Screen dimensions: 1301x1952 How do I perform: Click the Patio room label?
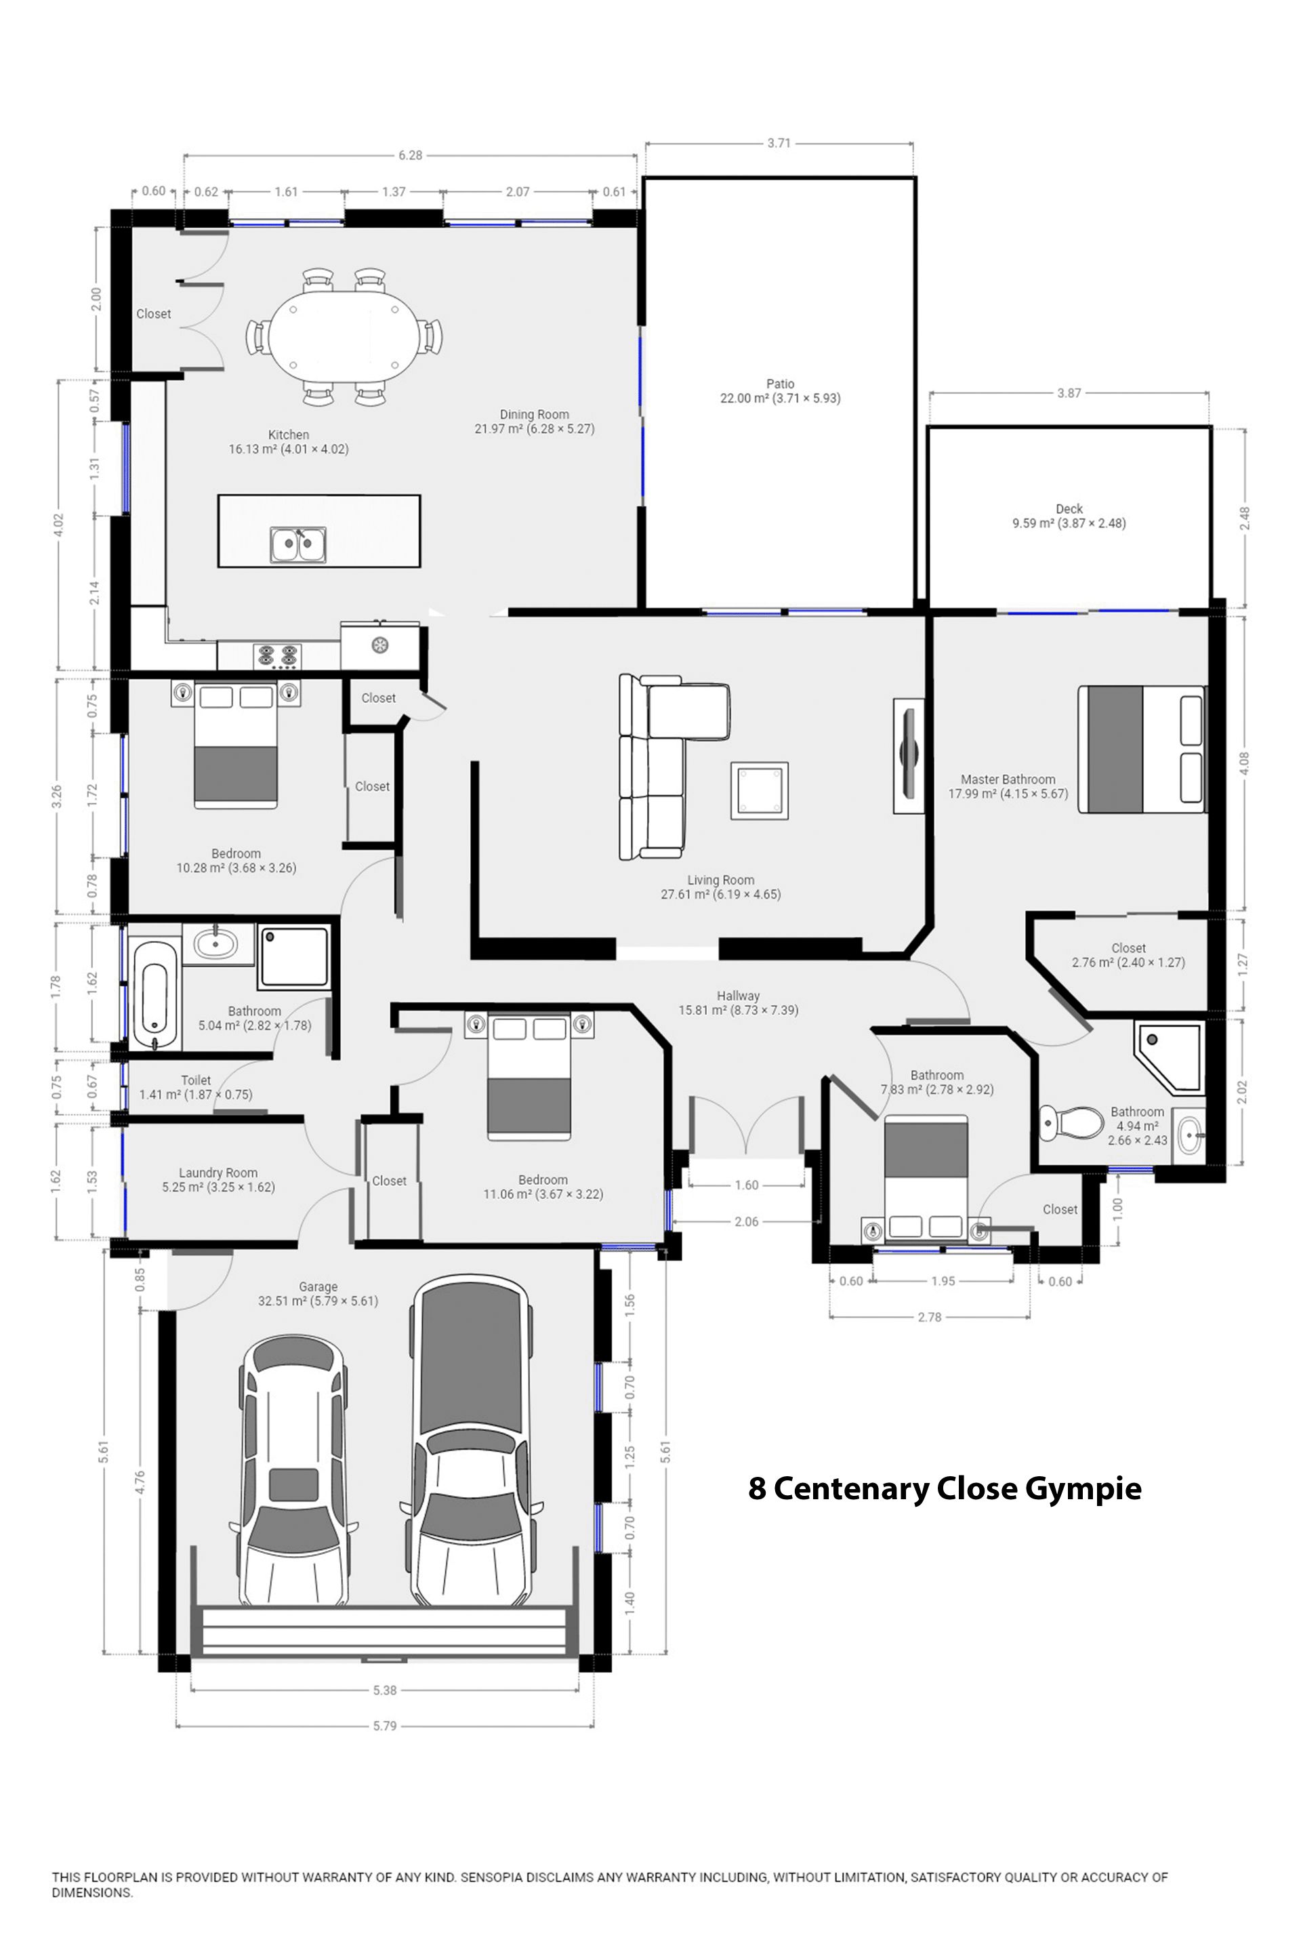pyautogui.click(x=780, y=384)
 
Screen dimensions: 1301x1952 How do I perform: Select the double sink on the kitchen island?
pyautogui.click(x=298, y=545)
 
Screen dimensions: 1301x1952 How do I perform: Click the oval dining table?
pyautogui.click(x=344, y=337)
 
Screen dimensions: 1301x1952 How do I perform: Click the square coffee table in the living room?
pyautogui.click(x=759, y=791)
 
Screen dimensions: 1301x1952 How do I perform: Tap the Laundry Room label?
pyautogui.click(x=218, y=1173)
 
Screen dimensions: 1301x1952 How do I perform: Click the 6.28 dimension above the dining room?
pyautogui.click(x=410, y=155)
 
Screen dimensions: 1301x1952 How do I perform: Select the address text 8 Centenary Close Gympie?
pyautogui.click(x=944, y=1489)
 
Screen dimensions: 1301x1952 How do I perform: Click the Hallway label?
pyautogui.click(x=738, y=996)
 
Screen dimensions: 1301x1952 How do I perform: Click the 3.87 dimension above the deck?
pyautogui.click(x=1069, y=393)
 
